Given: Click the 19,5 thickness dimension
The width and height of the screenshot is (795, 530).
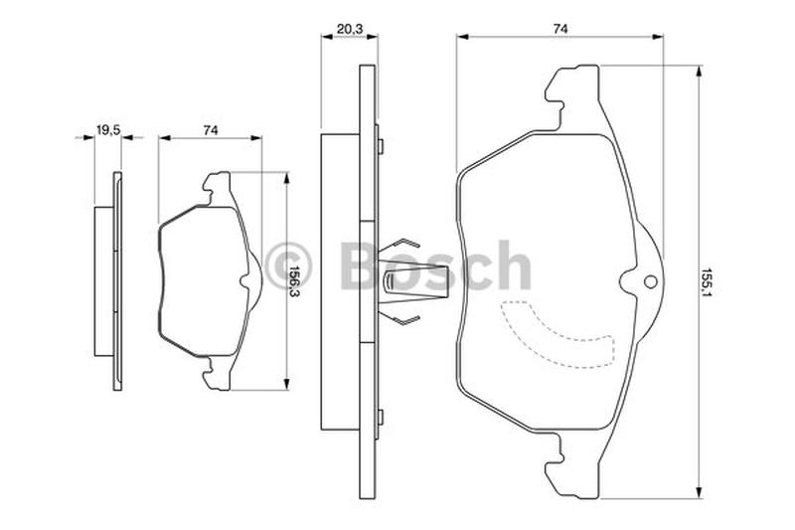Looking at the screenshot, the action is pyautogui.click(x=107, y=130).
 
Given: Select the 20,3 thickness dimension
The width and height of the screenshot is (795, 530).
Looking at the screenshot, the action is pyautogui.click(x=350, y=30).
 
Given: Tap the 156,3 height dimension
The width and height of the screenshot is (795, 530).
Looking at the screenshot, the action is pyautogui.click(x=293, y=281).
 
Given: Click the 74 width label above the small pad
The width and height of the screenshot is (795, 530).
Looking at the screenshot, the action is pyautogui.click(x=211, y=130).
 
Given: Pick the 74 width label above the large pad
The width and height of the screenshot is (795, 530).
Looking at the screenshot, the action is pyautogui.click(x=559, y=29).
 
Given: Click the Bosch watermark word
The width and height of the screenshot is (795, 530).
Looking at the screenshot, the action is pyautogui.click(x=436, y=265).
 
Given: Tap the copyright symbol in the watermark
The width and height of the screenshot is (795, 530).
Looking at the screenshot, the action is pyautogui.click(x=289, y=265).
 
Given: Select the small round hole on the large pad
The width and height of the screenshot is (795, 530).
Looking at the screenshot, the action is pyautogui.click(x=650, y=282).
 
